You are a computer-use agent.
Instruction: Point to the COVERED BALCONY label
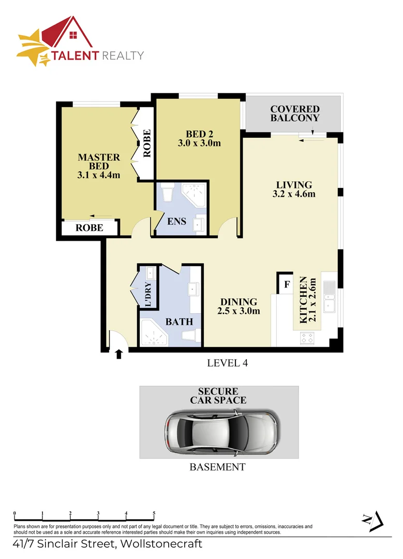point(295,113)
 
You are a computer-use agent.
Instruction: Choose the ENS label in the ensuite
point(177,222)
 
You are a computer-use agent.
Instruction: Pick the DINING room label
point(238,302)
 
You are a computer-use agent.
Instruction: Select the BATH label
point(179,321)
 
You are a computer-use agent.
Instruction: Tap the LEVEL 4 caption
point(227,363)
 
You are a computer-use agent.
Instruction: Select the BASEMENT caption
point(217,467)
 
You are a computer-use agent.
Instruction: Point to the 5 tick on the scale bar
point(154,514)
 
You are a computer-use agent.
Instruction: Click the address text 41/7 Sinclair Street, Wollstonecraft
point(108,544)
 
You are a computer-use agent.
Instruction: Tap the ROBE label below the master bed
point(89,228)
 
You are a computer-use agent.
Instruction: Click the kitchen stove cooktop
point(307,339)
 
